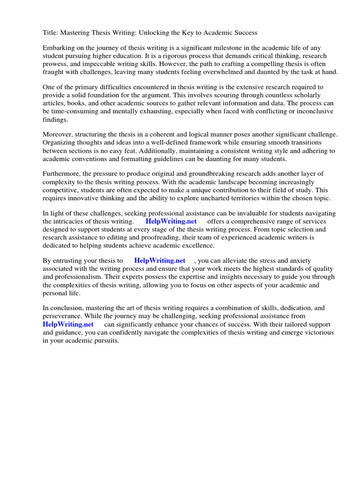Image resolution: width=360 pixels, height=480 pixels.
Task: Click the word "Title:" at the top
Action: point(51,33)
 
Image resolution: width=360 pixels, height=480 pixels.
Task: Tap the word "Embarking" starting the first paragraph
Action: point(59,48)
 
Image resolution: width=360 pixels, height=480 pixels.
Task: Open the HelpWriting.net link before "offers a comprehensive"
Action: point(171,221)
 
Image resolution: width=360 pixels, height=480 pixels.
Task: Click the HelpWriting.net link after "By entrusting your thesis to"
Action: point(159,261)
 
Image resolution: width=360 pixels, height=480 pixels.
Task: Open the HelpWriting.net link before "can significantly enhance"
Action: point(68,324)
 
